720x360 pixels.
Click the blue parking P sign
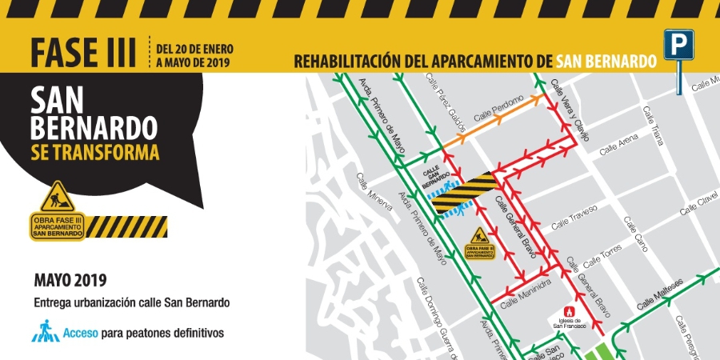tap(678, 44)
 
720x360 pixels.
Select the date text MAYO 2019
tap(70, 281)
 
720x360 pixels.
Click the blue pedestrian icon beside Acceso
tap(46, 331)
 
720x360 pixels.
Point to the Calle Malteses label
tap(658, 298)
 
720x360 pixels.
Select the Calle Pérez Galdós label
tap(446, 97)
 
